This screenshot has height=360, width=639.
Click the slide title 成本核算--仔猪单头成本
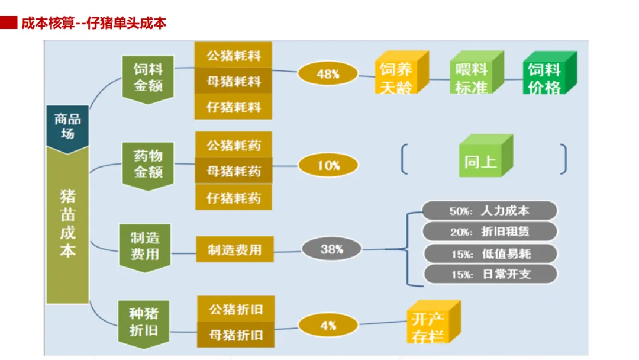[93, 24]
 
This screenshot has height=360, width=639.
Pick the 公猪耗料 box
[233, 56]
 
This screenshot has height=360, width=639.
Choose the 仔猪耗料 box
[233, 107]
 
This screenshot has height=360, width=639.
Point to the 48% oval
[328, 74]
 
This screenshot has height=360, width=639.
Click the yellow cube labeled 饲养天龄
[399, 75]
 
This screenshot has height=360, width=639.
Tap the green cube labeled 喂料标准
[473, 75]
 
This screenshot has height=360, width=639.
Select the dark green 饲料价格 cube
[547, 75]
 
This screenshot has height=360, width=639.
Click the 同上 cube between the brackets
[483, 159]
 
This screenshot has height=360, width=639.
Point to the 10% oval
[328, 165]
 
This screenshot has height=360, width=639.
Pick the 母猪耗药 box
[233, 171]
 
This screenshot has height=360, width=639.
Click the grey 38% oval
[331, 249]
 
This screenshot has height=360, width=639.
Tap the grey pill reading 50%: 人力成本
[490, 211]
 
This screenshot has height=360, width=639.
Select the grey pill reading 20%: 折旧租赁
[490, 232]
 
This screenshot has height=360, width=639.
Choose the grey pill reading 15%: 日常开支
[490, 274]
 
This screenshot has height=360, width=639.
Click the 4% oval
[328, 325]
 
